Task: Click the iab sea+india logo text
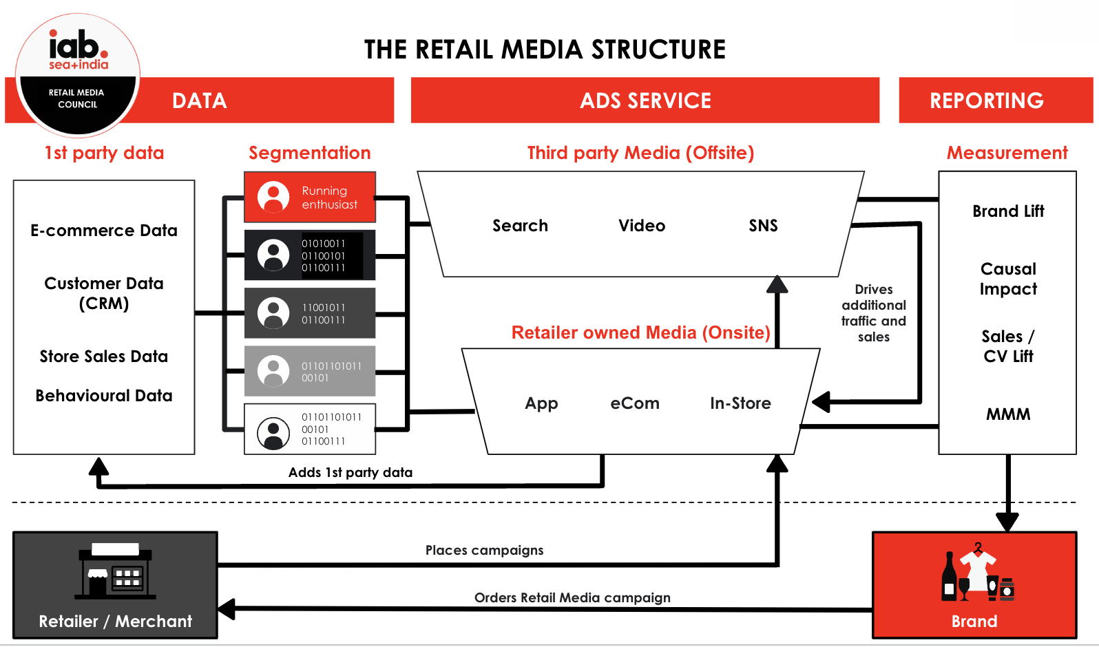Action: point(78,50)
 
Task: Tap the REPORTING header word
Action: point(986,100)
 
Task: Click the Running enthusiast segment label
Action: point(329,198)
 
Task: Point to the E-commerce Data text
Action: point(104,231)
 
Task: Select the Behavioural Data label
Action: point(104,396)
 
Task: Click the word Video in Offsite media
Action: point(641,226)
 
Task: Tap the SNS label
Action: point(763,226)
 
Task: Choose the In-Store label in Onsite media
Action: point(740,403)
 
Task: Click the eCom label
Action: point(634,403)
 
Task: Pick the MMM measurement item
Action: point(1008,414)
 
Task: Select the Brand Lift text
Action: point(1008,211)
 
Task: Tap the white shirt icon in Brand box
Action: point(977,568)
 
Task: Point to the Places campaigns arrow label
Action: point(484,550)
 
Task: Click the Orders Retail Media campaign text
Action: point(572,597)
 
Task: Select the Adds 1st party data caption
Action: point(350,472)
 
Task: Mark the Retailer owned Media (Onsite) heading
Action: point(640,333)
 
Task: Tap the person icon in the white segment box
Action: point(273,433)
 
